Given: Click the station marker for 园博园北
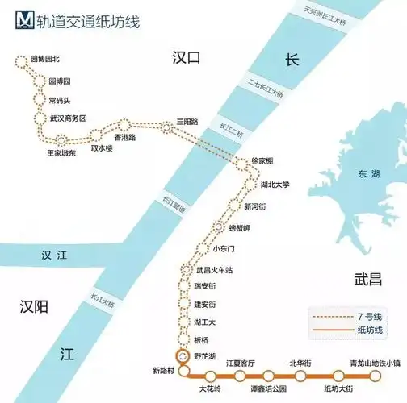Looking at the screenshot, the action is (22, 60).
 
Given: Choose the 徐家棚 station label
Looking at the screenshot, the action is (267, 161).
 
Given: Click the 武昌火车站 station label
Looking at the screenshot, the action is (217, 269).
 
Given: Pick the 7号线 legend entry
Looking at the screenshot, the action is (355, 315).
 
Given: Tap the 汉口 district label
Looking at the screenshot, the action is (185, 56).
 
